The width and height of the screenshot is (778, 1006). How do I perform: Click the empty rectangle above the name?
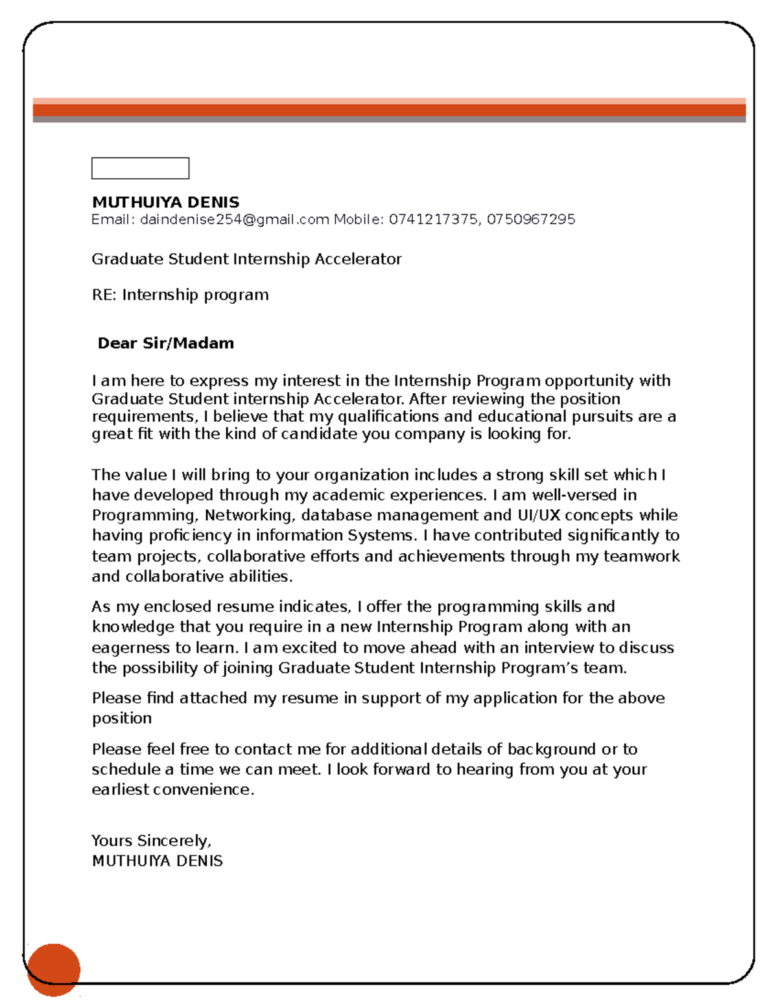(140, 168)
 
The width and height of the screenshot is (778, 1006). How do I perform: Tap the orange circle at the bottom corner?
(54, 970)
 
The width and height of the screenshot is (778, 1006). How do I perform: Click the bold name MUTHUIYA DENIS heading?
(165, 202)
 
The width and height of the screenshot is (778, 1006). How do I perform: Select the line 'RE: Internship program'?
(180, 295)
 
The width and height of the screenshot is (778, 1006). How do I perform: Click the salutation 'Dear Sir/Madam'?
(165, 343)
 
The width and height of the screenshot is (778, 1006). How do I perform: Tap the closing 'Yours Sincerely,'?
(151, 841)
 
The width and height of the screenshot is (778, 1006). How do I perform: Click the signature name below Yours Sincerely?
(157, 861)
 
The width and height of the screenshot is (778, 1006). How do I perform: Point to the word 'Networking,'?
(250, 515)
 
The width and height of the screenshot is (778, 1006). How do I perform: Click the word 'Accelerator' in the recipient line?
(358, 259)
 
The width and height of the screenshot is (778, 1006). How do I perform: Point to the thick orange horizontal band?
(389, 110)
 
